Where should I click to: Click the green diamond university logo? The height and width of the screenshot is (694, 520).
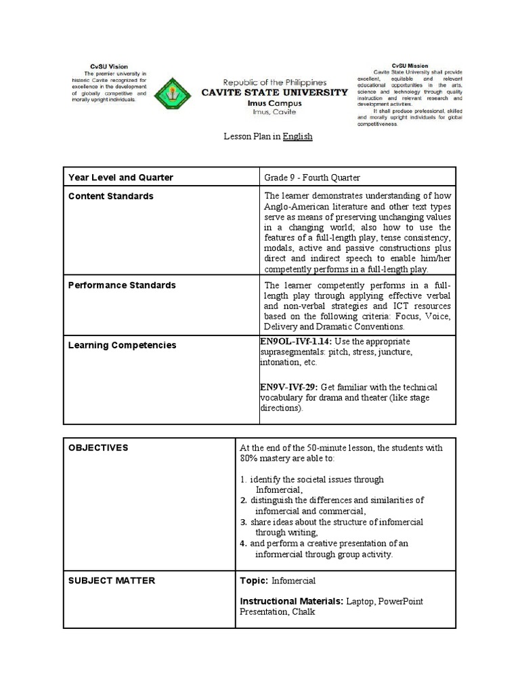click(x=173, y=93)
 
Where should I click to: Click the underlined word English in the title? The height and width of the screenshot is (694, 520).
click(x=297, y=136)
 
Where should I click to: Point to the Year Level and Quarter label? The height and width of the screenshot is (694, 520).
click(x=121, y=178)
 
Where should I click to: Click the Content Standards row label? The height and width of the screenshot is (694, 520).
click(x=111, y=196)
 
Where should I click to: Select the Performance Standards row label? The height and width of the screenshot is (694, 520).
click(x=122, y=285)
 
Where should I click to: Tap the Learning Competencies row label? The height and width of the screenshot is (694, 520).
click(x=122, y=345)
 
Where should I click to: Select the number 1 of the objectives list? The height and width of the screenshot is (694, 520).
click(x=242, y=479)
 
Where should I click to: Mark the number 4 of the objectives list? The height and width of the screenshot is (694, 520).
click(x=242, y=544)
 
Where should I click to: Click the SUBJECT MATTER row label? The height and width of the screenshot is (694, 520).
click(x=112, y=580)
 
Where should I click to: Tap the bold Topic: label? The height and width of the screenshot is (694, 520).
click(x=255, y=581)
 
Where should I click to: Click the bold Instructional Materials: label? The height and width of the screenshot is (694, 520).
click(x=291, y=601)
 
